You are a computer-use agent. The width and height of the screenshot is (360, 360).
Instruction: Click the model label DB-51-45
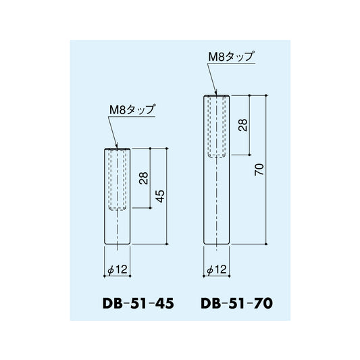(138, 303)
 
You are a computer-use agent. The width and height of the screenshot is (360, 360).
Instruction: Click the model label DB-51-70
(236, 303)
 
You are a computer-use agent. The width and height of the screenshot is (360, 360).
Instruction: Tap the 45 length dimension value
(161, 196)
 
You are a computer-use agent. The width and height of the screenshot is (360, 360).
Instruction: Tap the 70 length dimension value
(259, 170)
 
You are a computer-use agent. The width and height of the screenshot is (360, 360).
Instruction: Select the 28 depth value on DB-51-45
(144, 178)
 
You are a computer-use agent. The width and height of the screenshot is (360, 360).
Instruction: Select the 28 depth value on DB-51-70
(243, 125)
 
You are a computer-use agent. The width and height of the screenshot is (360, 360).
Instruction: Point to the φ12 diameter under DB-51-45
(118, 269)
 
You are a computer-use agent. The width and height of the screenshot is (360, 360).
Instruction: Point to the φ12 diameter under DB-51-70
(217, 269)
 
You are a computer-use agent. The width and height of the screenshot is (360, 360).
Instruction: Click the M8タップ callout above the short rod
(132, 109)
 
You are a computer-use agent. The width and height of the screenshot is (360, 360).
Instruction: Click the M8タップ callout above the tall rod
(232, 56)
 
